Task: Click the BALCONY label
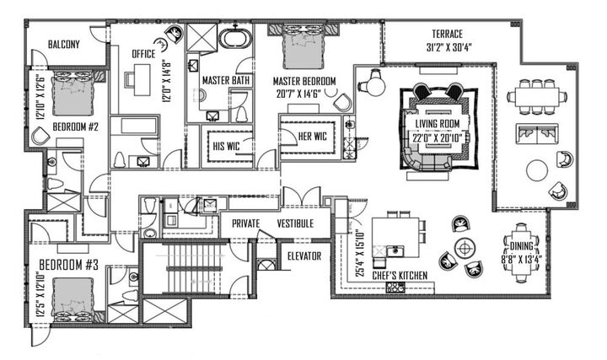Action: pyautogui.click(x=64, y=45)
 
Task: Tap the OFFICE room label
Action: pyautogui.click(x=144, y=55)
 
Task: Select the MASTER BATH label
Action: pyautogui.click(x=226, y=80)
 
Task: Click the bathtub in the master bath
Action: pyautogui.click(x=231, y=39)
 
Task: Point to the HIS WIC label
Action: pyautogui.click(x=226, y=144)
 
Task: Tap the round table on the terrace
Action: pyautogui.click(x=537, y=170)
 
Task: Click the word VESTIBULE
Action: pyautogui.click(x=294, y=223)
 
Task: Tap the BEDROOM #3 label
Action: pyautogui.click(x=66, y=265)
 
